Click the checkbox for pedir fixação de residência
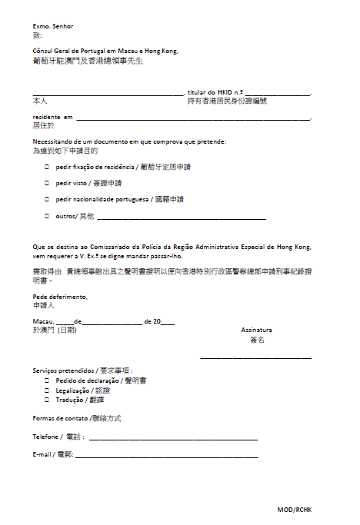47,167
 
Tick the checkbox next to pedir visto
47,184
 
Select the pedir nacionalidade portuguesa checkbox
47,200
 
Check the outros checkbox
47,217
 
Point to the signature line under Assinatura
255,357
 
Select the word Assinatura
256,330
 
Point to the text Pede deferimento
60,297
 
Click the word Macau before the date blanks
43,321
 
